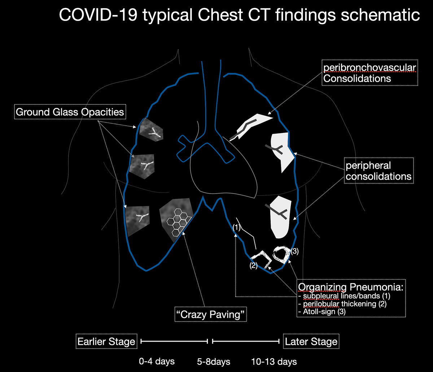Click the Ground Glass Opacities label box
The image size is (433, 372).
tap(70, 112)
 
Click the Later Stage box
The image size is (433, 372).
tap(311, 341)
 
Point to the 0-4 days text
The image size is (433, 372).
tap(157, 361)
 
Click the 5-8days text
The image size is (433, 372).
tap(213, 361)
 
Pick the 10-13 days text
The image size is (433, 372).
tap(274, 361)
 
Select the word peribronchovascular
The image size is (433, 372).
tap(370, 68)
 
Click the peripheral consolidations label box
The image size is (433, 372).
tap(379, 171)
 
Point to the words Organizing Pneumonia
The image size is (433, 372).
tap(350, 287)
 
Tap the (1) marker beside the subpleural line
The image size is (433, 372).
tap(236, 228)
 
